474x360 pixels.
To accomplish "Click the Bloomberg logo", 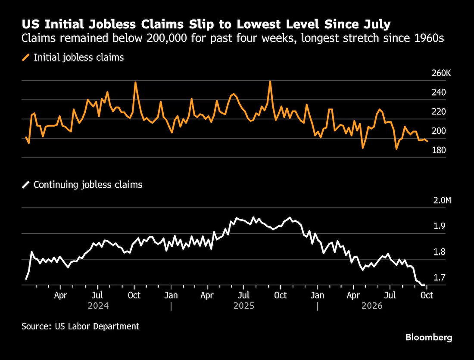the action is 429,337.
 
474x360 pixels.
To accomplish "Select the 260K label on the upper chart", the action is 441,73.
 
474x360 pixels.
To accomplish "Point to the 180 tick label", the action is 439,150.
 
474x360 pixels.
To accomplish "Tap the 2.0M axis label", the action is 442,200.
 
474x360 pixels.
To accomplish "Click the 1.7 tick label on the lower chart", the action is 439,277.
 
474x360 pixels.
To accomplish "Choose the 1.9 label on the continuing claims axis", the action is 439,226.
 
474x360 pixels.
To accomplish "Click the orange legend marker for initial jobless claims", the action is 26,57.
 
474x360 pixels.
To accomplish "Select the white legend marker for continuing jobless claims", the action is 26,185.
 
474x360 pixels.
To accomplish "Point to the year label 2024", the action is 98,306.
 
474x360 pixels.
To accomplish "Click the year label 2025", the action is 244,306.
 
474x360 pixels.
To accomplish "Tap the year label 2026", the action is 372,306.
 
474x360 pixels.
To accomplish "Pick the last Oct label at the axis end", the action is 427,295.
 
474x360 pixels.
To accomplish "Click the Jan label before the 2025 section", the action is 171,295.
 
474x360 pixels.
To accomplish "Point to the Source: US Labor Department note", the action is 81,326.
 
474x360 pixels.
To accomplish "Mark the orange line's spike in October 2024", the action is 135,82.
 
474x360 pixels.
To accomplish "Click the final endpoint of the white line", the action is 425,285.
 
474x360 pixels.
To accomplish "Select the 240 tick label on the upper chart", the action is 439,93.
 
